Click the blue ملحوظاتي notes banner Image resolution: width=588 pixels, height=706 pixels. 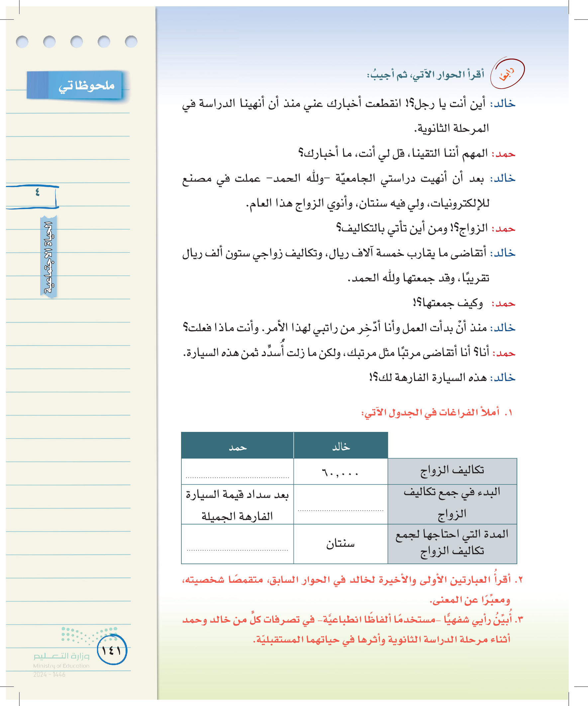click(x=75, y=85)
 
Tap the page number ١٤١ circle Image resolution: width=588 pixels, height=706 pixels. click(x=112, y=650)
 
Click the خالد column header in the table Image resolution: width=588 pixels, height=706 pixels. click(x=341, y=447)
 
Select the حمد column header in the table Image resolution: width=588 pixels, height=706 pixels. click(x=237, y=447)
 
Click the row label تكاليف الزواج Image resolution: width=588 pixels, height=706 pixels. click(x=452, y=470)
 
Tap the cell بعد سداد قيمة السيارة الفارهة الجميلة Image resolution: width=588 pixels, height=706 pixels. click(x=237, y=505)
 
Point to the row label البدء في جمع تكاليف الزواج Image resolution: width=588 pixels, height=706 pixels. click(x=452, y=503)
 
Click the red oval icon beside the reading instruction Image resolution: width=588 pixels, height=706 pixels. click(x=507, y=74)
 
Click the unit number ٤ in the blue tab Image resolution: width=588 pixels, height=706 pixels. click(x=37, y=192)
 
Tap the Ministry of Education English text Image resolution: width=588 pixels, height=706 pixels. click(x=61, y=666)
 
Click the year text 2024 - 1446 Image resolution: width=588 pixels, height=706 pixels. click(x=49, y=674)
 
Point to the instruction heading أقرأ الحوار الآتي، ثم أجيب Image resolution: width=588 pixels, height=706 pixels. click(x=426, y=74)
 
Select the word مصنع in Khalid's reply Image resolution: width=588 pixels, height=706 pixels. click(x=197, y=178)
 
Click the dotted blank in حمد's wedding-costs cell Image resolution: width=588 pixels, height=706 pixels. click(x=237, y=477)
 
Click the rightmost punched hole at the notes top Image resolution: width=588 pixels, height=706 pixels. click(x=131, y=42)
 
